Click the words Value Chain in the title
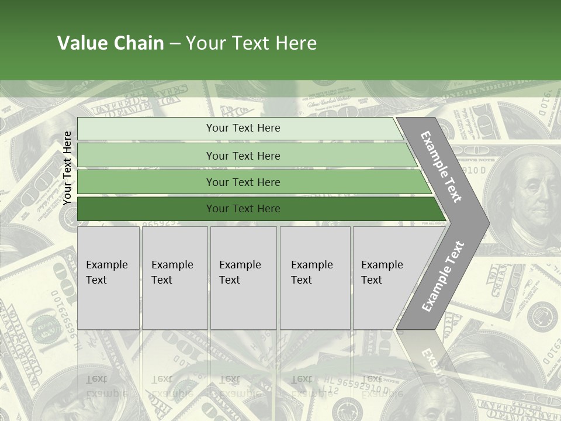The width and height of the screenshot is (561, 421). click(x=110, y=43)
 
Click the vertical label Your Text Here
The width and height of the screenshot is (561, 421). click(x=67, y=168)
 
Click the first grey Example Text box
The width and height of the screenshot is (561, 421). click(x=108, y=278)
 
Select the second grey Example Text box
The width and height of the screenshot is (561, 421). click(x=175, y=278)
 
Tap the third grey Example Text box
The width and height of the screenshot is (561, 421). click(x=243, y=278)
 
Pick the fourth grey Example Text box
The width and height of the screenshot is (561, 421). click(x=315, y=278)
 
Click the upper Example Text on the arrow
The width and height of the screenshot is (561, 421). click(x=441, y=167)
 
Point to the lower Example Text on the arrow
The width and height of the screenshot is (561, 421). click(x=442, y=276)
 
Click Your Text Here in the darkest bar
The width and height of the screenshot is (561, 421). click(x=243, y=209)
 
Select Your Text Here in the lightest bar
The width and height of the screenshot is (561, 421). click(x=243, y=128)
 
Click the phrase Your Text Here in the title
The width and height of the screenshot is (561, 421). click(x=251, y=43)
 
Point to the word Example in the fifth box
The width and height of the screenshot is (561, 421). click(x=382, y=265)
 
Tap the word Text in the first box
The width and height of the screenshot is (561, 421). click(x=96, y=280)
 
